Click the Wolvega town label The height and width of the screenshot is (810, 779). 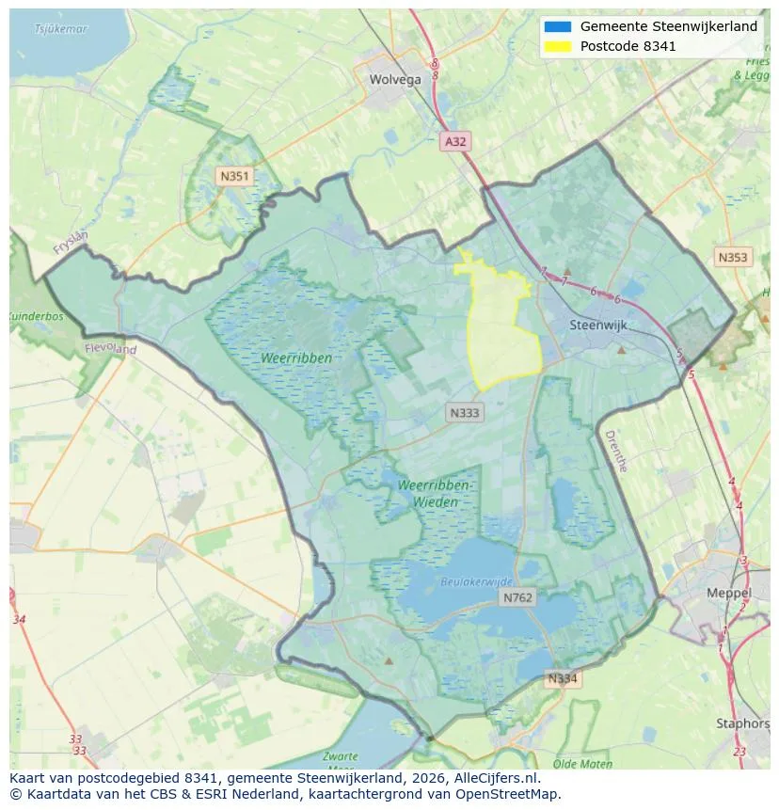[x=395, y=80]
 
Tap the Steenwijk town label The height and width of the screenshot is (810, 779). [x=598, y=326]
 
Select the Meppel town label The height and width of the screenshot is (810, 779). [x=729, y=594]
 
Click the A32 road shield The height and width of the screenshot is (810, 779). [x=455, y=141]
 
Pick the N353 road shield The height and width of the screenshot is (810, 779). [x=733, y=257]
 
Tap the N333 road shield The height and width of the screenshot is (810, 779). [x=465, y=412]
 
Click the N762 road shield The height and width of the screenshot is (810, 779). [x=517, y=597]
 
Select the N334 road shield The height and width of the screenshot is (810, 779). [x=563, y=678]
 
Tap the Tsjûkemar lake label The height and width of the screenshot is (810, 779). [x=61, y=28]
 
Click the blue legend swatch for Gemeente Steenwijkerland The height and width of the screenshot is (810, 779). [x=557, y=27]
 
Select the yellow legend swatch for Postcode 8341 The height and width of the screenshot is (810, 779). [x=557, y=46]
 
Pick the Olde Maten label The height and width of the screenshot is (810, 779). [x=583, y=764]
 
